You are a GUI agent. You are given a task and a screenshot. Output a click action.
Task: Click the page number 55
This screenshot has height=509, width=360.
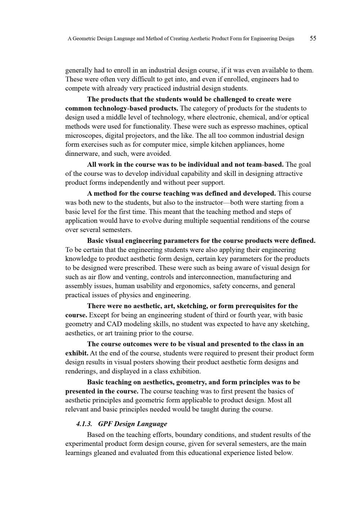pos(313,38)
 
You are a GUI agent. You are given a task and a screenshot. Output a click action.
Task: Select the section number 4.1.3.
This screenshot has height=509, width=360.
pos(84,424)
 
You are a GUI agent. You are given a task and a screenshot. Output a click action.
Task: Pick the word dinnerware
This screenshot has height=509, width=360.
pos(82,154)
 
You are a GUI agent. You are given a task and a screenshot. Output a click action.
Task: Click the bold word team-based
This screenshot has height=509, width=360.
pos(264,165)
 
